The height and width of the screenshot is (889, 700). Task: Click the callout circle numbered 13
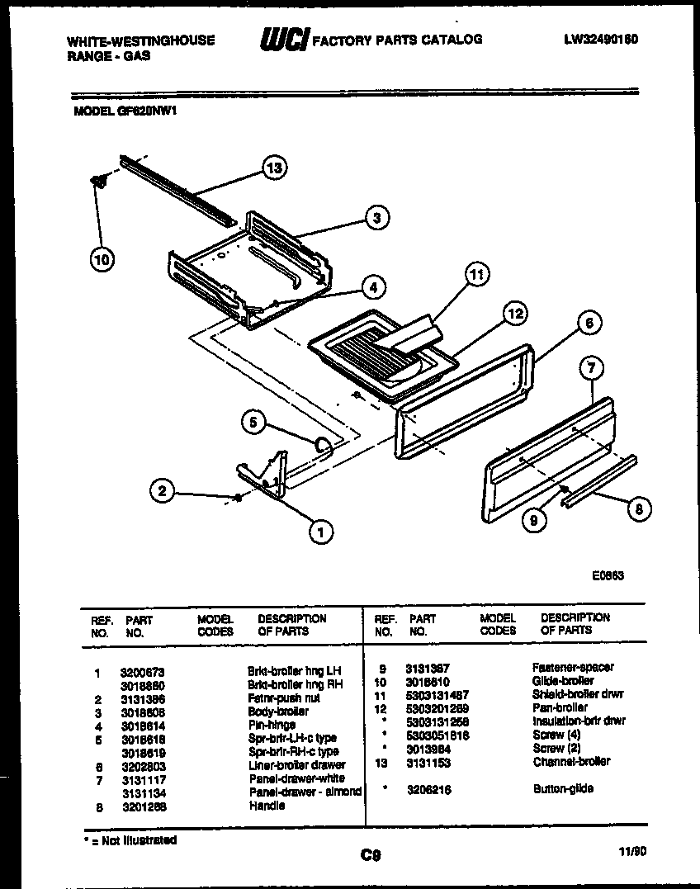coord(274,168)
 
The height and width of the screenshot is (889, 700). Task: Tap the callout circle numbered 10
coord(101,259)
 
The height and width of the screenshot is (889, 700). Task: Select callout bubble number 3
coord(376,218)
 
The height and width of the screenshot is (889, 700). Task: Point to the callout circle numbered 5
coord(253,423)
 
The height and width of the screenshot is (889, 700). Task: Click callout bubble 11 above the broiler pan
coord(476,275)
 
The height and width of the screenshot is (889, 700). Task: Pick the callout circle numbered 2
coord(163,491)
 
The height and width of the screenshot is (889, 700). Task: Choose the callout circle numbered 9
coord(536,521)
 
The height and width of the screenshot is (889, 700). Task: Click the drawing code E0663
coord(607,576)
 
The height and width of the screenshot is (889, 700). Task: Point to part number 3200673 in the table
coord(142,672)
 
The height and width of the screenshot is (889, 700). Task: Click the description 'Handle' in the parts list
coord(267,806)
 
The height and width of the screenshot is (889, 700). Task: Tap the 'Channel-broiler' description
coord(571,762)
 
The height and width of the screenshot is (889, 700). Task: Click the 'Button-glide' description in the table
coord(563,789)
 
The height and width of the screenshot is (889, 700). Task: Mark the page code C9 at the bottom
coord(371,855)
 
